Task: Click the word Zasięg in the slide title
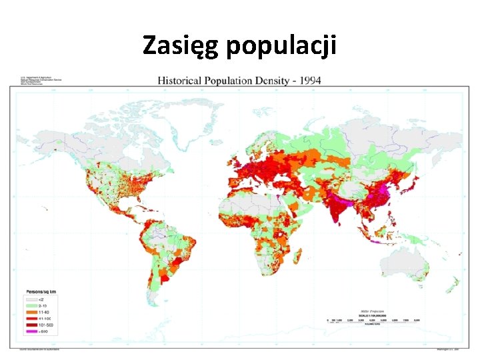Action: (181, 45)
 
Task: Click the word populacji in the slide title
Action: (282, 47)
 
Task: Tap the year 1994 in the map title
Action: (309, 81)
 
